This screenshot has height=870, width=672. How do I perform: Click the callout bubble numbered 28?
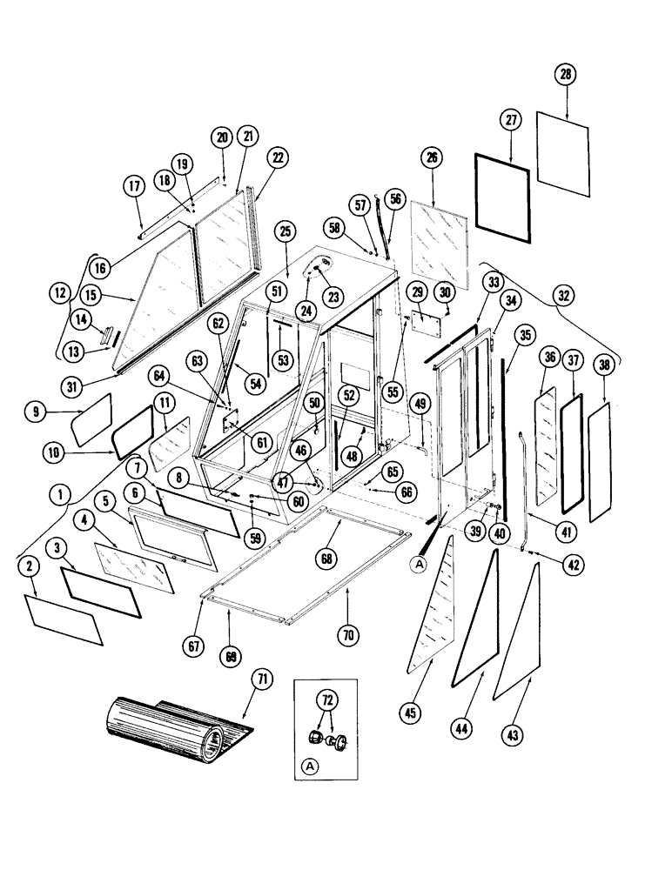click(x=566, y=76)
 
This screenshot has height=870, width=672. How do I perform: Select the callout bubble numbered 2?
click(x=28, y=566)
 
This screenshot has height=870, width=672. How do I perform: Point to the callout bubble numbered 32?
click(x=565, y=296)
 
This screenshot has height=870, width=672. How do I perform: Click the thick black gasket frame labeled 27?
click(x=502, y=195)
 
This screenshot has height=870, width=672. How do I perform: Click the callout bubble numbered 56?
click(x=397, y=198)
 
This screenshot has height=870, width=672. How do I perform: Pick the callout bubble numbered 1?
click(x=61, y=495)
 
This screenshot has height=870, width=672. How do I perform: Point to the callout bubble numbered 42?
click(x=571, y=564)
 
